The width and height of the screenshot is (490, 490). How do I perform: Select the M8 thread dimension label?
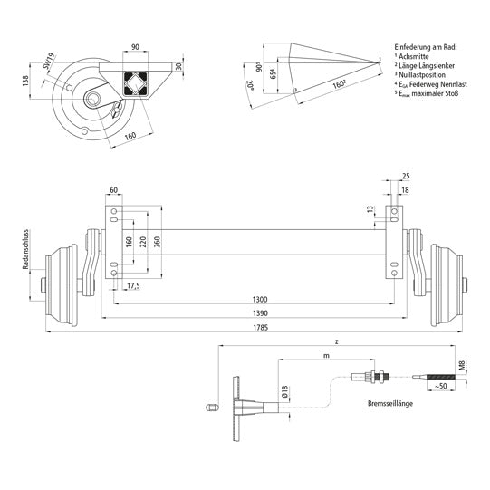click(x=463, y=367)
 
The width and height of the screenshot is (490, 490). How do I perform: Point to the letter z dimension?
click(x=336, y=341)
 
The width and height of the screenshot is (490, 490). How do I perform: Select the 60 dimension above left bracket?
click(x=114, y=191)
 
